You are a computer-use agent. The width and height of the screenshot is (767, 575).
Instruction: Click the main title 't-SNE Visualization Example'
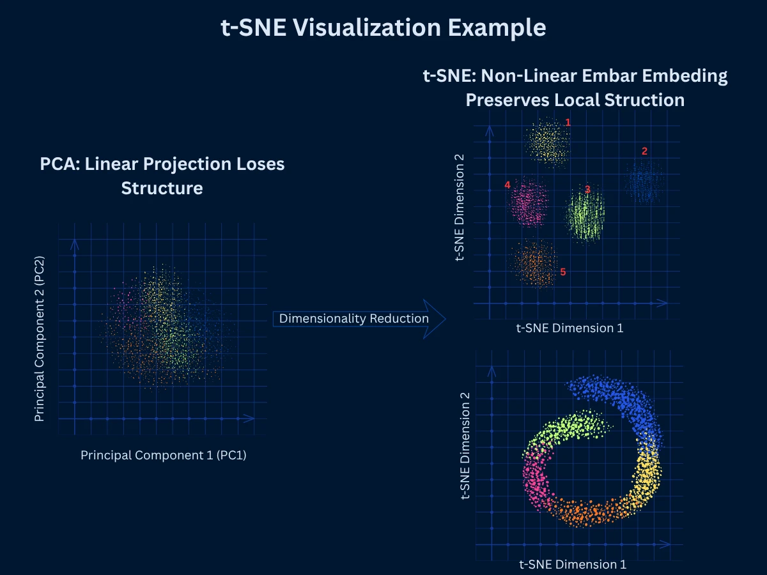[383, 29]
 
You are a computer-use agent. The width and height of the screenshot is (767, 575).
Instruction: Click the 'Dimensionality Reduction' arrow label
[353, 318]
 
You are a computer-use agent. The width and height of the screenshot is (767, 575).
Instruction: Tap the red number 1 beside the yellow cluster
[568, 121]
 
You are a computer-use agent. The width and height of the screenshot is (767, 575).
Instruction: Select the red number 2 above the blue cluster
[644, 151]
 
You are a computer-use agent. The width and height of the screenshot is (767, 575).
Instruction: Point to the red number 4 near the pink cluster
[507, 185]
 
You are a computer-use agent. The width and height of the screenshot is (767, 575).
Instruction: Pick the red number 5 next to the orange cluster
[562, 272]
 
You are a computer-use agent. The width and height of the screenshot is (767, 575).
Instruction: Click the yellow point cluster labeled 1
[546, 142]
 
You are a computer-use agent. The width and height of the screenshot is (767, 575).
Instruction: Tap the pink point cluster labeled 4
[529, 203]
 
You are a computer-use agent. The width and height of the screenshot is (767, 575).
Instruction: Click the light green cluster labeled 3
[585, 216]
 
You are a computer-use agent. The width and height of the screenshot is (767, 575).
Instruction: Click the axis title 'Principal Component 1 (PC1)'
[163, 455]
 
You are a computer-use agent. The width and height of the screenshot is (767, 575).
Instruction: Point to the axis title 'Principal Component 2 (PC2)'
[40, 339]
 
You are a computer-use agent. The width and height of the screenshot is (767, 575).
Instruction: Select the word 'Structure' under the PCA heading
[162, 188]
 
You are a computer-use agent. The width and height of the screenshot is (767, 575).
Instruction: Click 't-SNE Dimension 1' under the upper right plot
[569, 328]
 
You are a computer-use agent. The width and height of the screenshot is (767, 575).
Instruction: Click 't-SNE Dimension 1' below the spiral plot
[572, 564]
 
